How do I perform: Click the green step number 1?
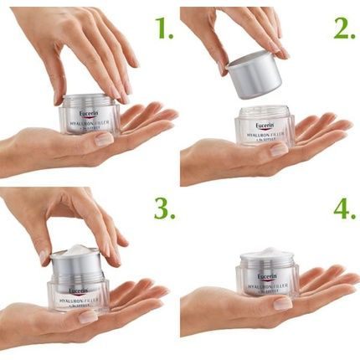pyautogui.click(x=162, y=30)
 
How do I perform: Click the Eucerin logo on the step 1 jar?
pyautogui.click(x=91, y=109)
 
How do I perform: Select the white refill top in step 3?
pyautogui.click(x=77, y=250)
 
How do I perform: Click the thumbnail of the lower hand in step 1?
pyautogui.click(x=104, y=140)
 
